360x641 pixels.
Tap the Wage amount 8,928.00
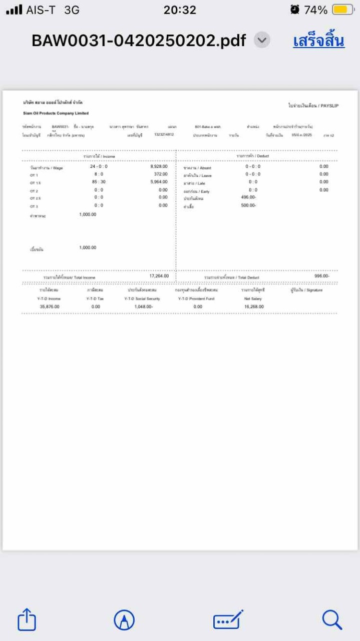[159, 166]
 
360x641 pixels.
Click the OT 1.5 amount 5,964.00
[159, 182]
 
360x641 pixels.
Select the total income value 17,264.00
[159, 276]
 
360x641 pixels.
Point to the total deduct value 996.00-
[321, 276]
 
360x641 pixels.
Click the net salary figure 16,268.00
[254, 306]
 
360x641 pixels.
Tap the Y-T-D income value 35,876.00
[50, 306]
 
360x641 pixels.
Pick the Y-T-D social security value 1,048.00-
[143, 306]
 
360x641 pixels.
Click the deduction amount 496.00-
[248, 197]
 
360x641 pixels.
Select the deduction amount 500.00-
[248, 205]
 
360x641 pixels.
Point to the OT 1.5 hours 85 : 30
[99, 182]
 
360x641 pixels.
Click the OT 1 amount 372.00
[161, 174]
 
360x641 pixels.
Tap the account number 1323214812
[164, 135]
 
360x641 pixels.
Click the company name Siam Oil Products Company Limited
[56, 113]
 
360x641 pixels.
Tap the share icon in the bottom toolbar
[27, 620]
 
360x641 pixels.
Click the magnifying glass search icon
[332, 619]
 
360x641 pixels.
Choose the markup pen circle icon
[124, 620]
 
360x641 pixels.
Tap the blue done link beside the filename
[318, 41]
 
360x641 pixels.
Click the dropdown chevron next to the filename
[262, 40]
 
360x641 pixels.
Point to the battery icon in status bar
[343, 10]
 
